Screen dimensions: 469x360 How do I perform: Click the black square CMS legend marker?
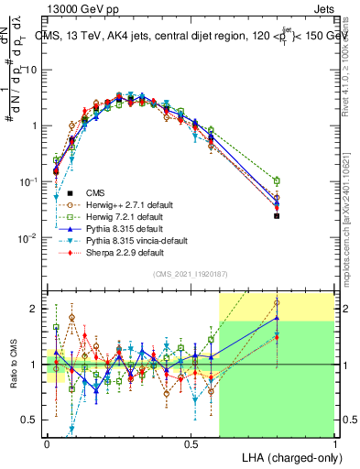pos(58,192)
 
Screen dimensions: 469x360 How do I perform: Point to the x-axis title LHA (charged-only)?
pos(286,456)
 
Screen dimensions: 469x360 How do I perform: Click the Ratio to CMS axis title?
pos(12,365)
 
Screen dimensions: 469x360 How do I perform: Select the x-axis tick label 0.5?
pos(191,442)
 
